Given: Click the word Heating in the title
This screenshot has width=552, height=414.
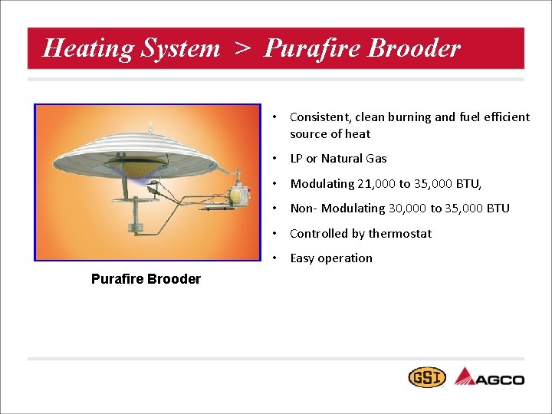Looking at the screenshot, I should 78,48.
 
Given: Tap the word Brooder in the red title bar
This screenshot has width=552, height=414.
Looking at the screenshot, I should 414,48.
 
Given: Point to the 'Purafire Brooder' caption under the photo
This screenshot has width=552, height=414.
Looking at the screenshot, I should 146,279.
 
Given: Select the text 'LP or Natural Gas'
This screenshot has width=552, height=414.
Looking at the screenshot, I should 338,159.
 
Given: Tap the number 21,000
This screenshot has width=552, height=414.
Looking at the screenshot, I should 375,184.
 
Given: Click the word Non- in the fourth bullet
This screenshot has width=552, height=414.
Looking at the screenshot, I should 304,209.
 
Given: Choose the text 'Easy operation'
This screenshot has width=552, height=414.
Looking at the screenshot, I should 331,258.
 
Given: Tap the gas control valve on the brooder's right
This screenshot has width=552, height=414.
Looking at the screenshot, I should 239,194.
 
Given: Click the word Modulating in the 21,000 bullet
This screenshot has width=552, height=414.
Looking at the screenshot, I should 321,184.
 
